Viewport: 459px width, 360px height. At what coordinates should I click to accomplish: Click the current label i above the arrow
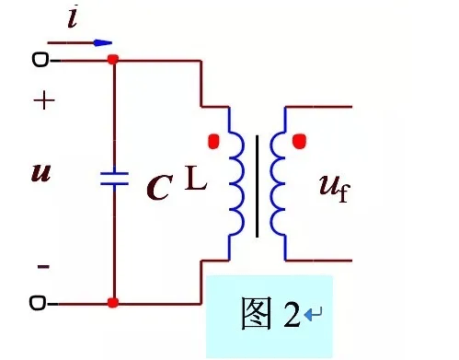tap(72, 18)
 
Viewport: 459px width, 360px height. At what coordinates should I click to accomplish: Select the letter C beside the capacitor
tap(158, 189)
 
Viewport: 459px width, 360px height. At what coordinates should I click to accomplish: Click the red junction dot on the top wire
tap(113, 61)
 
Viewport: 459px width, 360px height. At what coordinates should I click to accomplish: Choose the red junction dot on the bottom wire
tap(113, 302)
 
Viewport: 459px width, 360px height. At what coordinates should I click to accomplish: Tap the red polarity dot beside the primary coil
tap(213, 142)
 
